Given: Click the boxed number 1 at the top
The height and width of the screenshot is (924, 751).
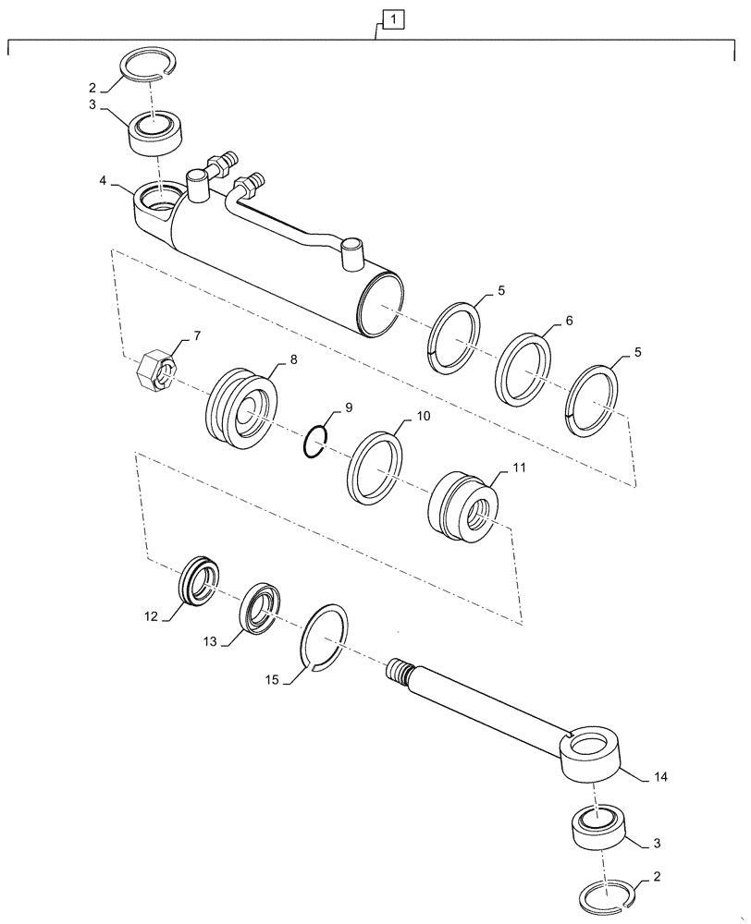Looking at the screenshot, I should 392,18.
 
